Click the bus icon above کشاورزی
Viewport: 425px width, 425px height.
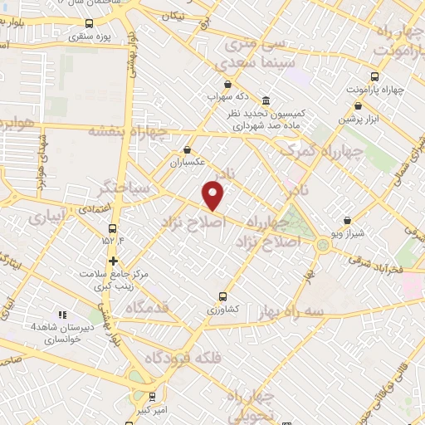(x=222, y=296)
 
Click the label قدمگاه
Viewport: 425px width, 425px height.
(x=149, y=308)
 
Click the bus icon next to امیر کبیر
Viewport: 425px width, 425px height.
(x=150, y=397)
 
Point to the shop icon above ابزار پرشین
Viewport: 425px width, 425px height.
(x=357, y=106)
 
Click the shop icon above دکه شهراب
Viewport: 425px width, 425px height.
(x=227, y=84)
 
